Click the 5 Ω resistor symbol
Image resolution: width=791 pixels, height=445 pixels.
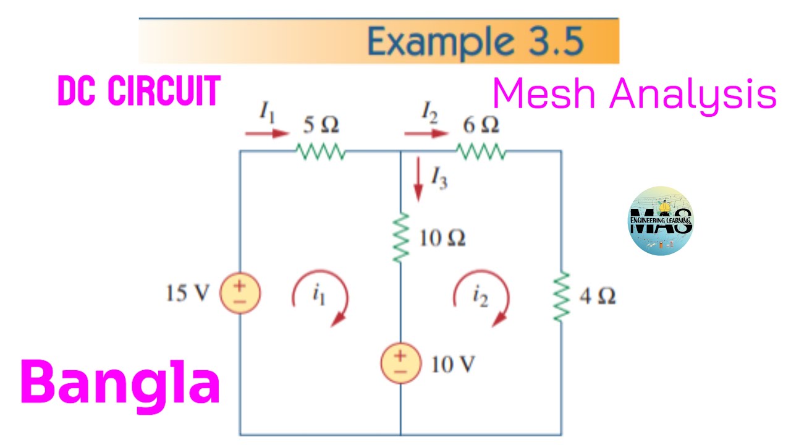coord(321,151)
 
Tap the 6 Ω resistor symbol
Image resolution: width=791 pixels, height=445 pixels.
coord(481,151)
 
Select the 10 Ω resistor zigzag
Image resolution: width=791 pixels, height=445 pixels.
coord(401,238)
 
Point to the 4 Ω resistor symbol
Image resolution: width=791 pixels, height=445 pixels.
coord(561,297)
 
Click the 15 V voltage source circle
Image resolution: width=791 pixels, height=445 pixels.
coord(240,294)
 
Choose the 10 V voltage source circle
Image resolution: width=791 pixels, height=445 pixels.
coord(401,363)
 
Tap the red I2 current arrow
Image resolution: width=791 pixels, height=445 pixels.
coord(426,133)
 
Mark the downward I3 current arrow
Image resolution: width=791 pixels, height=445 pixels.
coord(418,179)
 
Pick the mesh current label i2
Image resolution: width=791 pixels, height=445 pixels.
coord(480,297)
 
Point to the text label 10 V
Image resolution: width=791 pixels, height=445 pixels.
coord(453,365)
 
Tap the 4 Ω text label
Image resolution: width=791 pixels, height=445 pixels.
coord(597,297)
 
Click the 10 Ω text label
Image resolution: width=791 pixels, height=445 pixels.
coord(442,238)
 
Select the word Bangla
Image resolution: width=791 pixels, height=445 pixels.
coord(121,383)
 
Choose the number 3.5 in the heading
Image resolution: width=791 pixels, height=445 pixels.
coord(555,42)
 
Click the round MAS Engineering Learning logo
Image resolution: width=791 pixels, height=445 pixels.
coord(660,221)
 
